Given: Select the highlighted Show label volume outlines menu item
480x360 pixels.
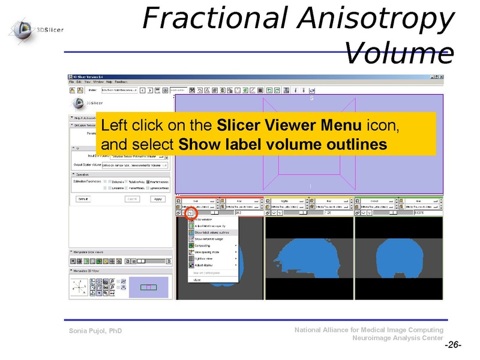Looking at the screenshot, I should pos(211,232).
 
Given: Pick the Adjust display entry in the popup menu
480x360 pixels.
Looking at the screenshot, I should pos(206,265).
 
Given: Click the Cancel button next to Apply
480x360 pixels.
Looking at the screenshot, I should pos(133,199).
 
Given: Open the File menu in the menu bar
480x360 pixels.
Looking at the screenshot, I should pos(71,82).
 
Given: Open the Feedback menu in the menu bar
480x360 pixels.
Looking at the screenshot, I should pos(121,82).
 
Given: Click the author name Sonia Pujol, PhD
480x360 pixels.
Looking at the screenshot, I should pos(95,331).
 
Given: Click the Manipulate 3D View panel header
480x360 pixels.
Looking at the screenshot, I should pos(90,271).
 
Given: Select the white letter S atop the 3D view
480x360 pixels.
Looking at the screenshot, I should pos(311,98).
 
